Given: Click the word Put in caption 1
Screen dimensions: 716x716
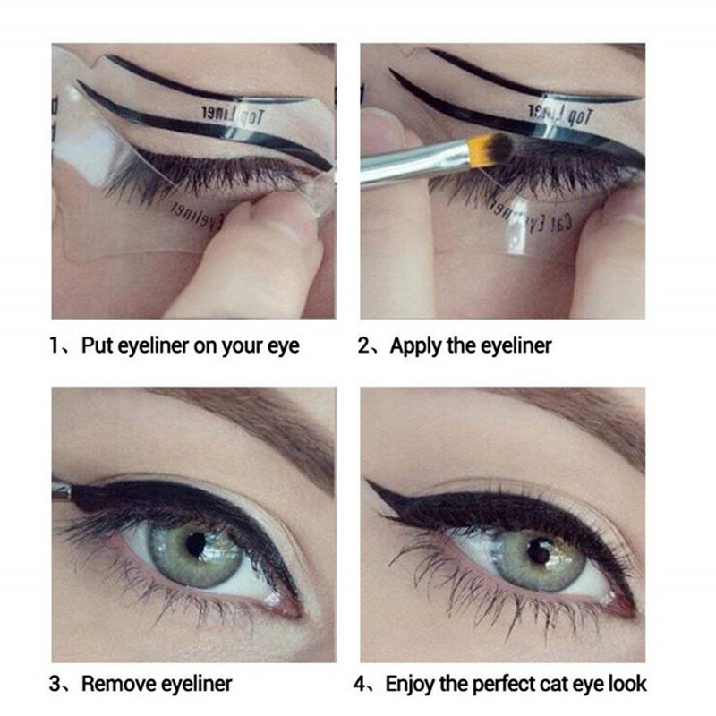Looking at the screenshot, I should (98, 345).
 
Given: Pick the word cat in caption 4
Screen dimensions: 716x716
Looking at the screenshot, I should (557, 684).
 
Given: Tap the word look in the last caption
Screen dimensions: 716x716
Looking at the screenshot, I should (626, 684).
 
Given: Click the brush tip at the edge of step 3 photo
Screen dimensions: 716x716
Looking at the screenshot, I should (61, 490).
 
